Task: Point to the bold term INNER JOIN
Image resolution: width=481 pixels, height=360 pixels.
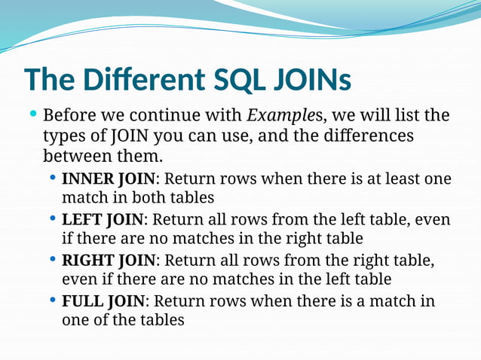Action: click(x=108, y=179)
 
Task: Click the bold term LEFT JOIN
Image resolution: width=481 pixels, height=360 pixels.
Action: click(x=102, y=220)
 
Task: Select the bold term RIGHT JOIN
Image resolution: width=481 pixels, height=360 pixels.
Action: click(x=108, y=261)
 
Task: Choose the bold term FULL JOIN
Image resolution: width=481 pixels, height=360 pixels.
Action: click(x=103, y=301)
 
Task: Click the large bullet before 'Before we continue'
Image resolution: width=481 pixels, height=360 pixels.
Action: click(x=32, y=116)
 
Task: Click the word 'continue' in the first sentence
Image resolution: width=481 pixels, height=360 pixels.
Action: click(x=204, y=117)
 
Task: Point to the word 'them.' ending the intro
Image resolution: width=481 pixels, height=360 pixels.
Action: click(x=140, y=157)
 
